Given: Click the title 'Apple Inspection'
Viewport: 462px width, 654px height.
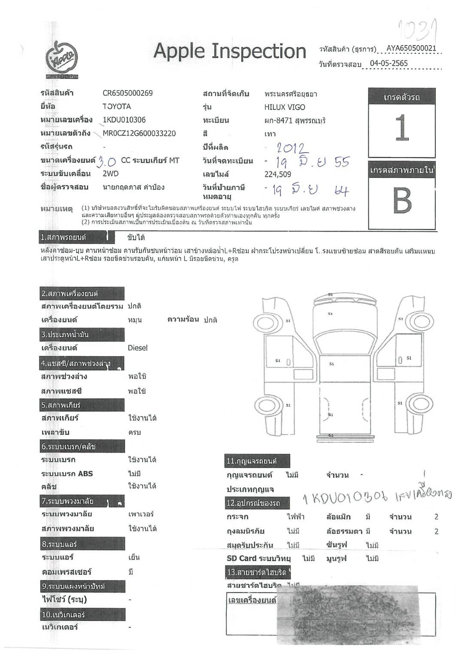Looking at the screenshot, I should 230,51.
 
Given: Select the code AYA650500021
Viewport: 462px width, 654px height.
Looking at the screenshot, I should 411,48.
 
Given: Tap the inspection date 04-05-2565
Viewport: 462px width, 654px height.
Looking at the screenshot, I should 389,63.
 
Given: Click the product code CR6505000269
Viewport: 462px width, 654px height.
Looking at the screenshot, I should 128,93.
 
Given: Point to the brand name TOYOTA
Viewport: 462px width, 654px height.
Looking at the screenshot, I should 116,106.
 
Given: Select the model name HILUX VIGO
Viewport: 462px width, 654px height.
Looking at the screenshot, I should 285,107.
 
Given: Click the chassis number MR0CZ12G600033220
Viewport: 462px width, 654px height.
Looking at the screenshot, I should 139,133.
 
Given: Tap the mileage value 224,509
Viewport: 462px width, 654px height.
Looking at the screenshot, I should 278,174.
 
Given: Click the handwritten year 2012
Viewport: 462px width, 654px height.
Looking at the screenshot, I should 292,149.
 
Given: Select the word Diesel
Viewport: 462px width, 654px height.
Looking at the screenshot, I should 137,348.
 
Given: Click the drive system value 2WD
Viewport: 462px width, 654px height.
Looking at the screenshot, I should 110,174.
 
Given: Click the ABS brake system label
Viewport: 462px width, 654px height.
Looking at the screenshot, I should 67,474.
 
